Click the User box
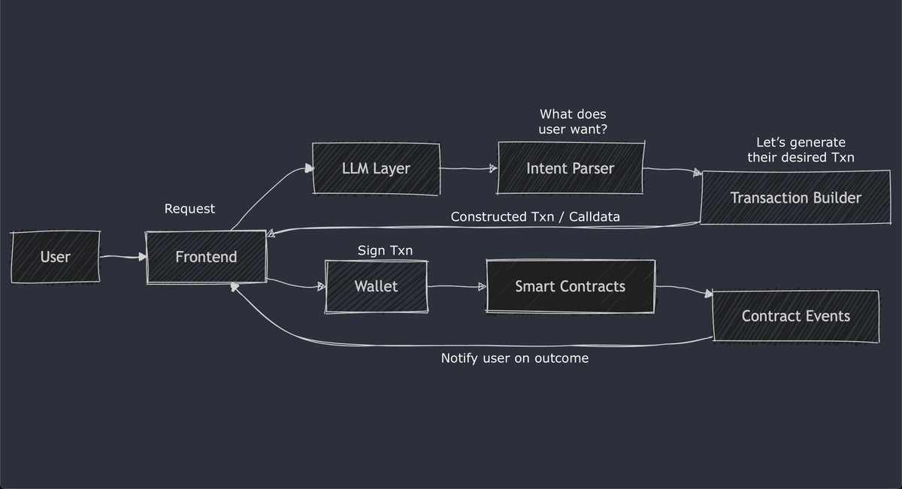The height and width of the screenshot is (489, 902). (x=55, y=258)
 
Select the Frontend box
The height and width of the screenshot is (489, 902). (x=206, y=257)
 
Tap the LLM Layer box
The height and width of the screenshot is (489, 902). (x=375, y=168)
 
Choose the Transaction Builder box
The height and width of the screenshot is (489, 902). (x=795, y=198)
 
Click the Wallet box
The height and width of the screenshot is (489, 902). (x=376, y=286)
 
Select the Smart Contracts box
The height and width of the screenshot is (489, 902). (x=570, y=286)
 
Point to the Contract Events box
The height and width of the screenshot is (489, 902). (x=795, y=315)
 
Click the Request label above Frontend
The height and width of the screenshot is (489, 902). (x=189, y=209)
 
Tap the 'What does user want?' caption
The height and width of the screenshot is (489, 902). (x=573, y=122)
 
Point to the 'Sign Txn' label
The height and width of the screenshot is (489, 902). (x=385, y=250)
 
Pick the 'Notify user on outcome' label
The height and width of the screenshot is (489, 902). (x=514, y=358)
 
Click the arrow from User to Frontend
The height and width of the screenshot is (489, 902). (x=123, y=258)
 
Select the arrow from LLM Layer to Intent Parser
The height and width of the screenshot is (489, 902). (x=468, y=170)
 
